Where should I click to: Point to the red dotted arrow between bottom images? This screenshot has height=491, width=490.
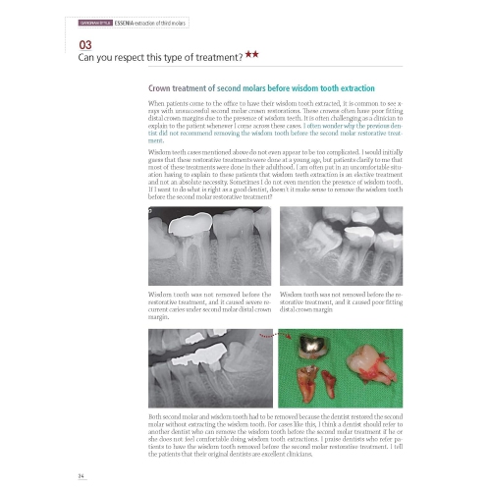tap(274, 338)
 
